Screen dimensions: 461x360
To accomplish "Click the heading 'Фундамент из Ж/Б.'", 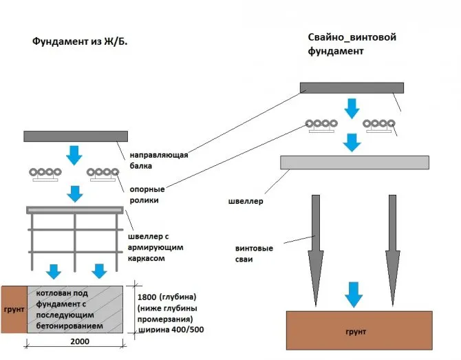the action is click(80, 41).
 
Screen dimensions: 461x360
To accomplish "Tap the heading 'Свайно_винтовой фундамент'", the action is click(352, 44).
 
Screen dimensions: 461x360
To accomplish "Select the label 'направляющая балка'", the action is click(159, 160).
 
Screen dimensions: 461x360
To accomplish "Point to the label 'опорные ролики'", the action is click(147, 195).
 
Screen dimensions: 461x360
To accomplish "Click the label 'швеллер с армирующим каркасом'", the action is click(156, 247).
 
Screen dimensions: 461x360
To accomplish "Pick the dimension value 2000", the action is click(80, 341).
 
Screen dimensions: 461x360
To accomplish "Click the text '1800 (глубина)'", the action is click(167, 297).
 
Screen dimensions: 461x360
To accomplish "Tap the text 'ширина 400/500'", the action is click(171, 330).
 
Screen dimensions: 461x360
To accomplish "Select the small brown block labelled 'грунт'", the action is click(14, 310).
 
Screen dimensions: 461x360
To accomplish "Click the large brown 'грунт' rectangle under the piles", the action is click(359, 330).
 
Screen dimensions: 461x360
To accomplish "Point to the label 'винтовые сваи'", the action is click(254, 253).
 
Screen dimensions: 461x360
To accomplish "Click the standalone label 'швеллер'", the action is click(246, 201).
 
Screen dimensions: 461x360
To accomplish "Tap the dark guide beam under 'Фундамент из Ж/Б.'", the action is click(76, 136).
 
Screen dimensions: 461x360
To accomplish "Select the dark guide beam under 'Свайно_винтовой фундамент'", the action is click(352, 87).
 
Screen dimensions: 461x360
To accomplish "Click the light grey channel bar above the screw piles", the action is click(354, 162).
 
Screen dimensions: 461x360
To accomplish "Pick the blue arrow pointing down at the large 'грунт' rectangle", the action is click(354, 295).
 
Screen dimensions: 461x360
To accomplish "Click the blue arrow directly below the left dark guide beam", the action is click(74, 156).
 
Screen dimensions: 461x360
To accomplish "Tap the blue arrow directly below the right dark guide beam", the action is click(352, 109).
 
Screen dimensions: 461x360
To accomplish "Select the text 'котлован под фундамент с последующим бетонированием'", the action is click(69, 310).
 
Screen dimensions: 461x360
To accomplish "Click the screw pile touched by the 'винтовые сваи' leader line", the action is click(316, 251).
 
